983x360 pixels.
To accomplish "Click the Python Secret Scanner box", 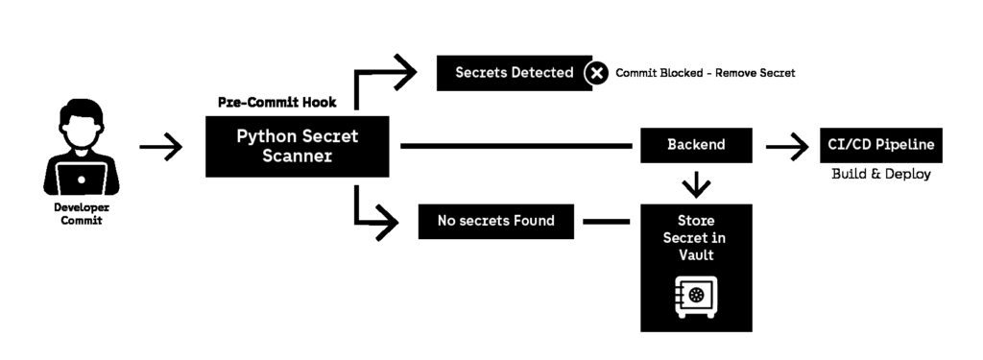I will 297,146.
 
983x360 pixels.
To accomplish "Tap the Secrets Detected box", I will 514,73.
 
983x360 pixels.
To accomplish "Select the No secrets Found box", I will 495,221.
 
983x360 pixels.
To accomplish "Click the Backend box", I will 696,145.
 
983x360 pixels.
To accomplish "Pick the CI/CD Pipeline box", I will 880,145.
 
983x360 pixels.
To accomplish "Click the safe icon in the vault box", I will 695,294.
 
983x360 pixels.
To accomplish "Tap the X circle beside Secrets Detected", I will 596,73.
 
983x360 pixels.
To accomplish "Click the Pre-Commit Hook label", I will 277,103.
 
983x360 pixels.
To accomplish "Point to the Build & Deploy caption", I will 880,175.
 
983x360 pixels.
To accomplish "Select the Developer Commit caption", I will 82,214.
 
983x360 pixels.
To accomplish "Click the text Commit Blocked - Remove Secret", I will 706,73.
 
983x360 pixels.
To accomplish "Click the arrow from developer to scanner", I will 160,147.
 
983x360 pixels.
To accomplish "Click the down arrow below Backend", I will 696,182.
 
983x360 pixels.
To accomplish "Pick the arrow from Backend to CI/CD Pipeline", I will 786,147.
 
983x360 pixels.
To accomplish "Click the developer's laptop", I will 82,178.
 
